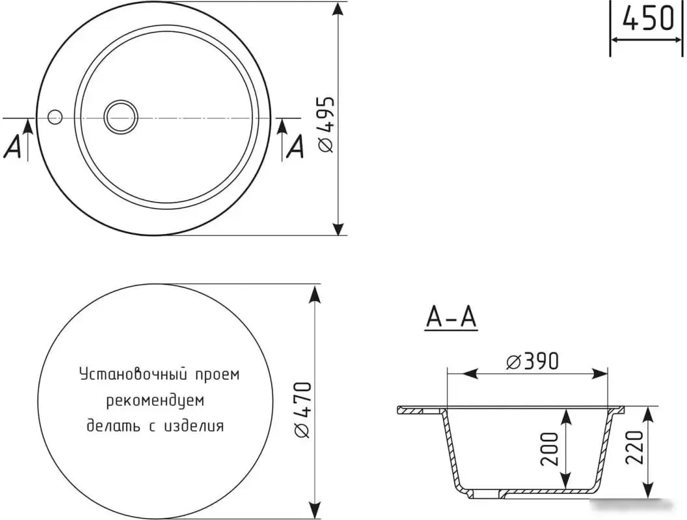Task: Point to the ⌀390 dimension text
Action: pyautogui.click(x=532, y=361)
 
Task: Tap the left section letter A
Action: pyautogui.click(x=13, y=148)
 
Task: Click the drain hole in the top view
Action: pyautogui.click(x=121, y=117)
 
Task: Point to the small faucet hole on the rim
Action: pyautogui.click(x=55, y=117)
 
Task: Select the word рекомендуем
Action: pyautogui.click(x=155, y=400)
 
